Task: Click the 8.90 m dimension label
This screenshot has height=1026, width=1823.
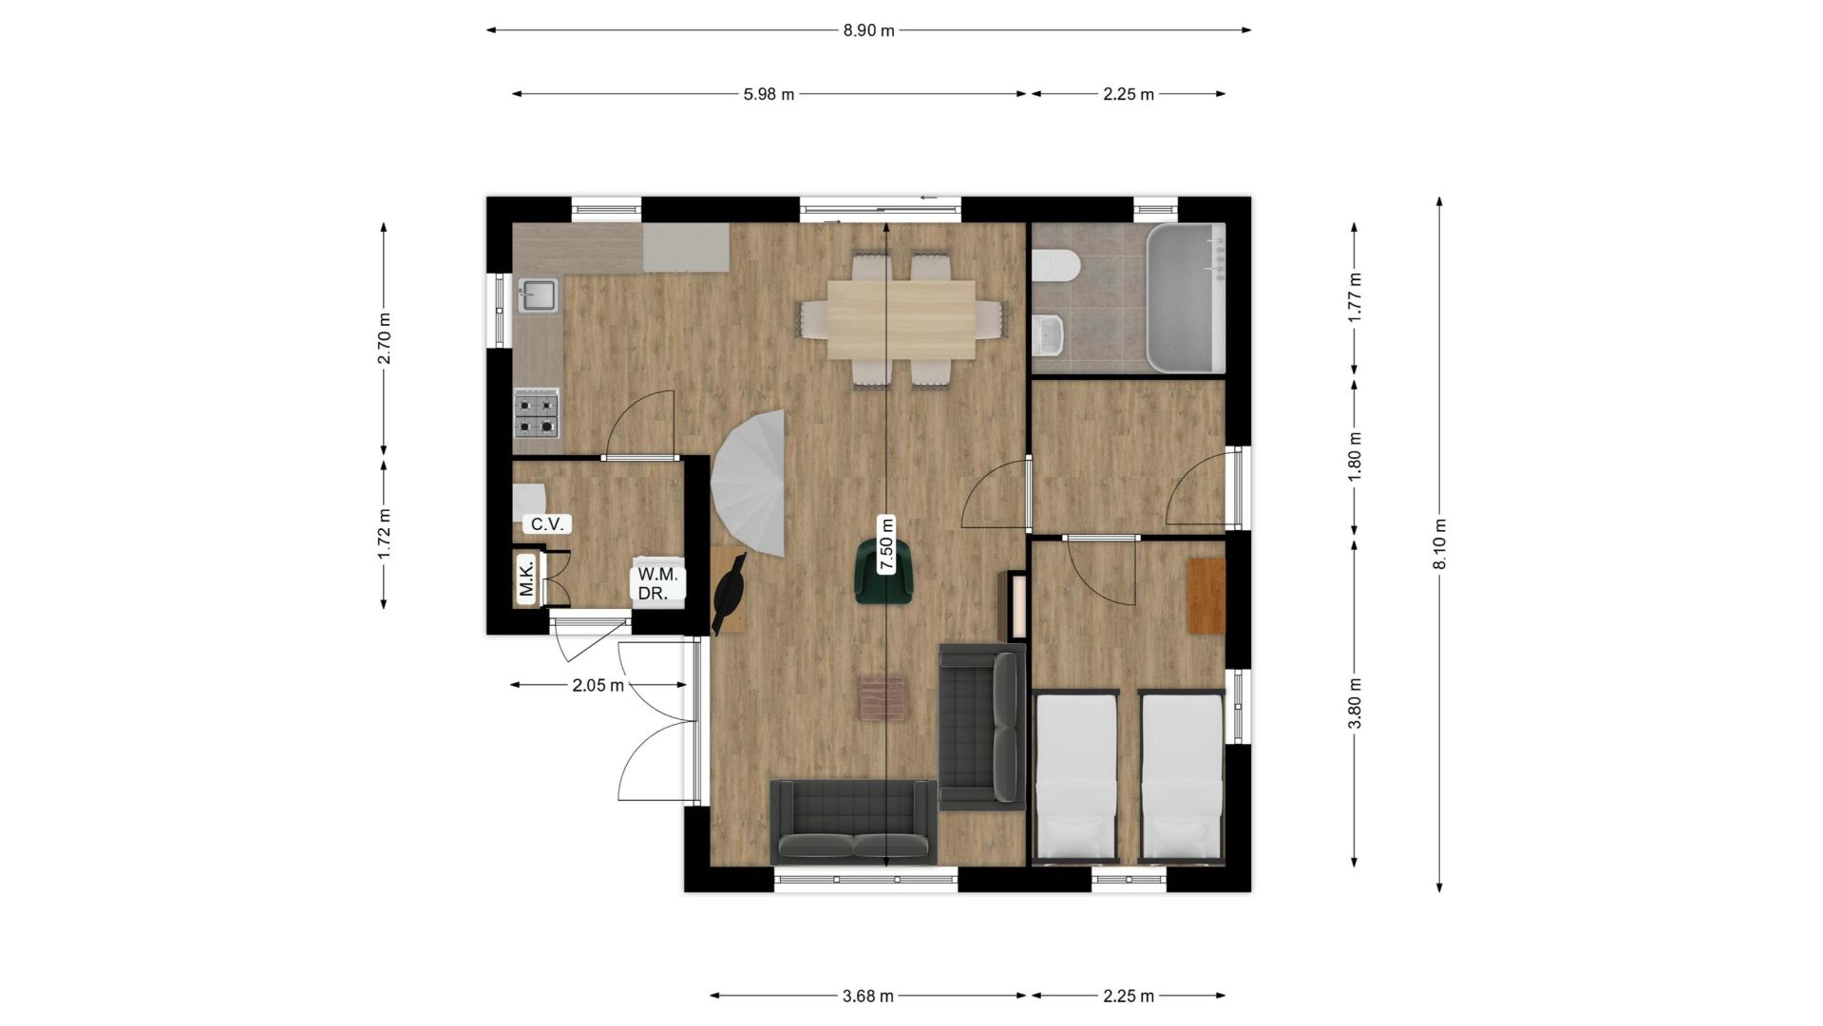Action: [868, 30]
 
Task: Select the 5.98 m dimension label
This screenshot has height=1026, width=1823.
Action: [769, 94]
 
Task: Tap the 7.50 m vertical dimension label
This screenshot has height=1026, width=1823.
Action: [886, 544]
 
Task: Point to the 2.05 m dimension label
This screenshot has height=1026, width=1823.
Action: [598, 685]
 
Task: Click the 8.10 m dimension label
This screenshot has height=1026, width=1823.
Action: [1439, 544]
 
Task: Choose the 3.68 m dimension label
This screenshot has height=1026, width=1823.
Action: [868, 996]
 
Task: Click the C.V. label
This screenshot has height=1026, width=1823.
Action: [547, 523]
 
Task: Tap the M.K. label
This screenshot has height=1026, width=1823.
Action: [526, 578]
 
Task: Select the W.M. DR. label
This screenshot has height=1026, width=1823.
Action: [657, 583]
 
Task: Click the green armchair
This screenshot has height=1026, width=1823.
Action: [883, 571]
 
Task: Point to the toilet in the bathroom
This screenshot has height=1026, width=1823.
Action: [1055, 265]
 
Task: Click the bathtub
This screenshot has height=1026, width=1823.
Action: [1186, 298]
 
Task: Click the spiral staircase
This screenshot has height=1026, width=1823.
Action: [749, 484]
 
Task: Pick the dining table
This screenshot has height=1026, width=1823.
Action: [901, 319]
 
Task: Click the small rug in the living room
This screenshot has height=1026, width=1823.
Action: [883, 698]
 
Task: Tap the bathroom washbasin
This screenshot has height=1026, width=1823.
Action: [1049, 334]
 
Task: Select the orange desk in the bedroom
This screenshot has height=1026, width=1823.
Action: [1206, 596]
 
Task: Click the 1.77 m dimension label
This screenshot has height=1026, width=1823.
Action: [1355, 297]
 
